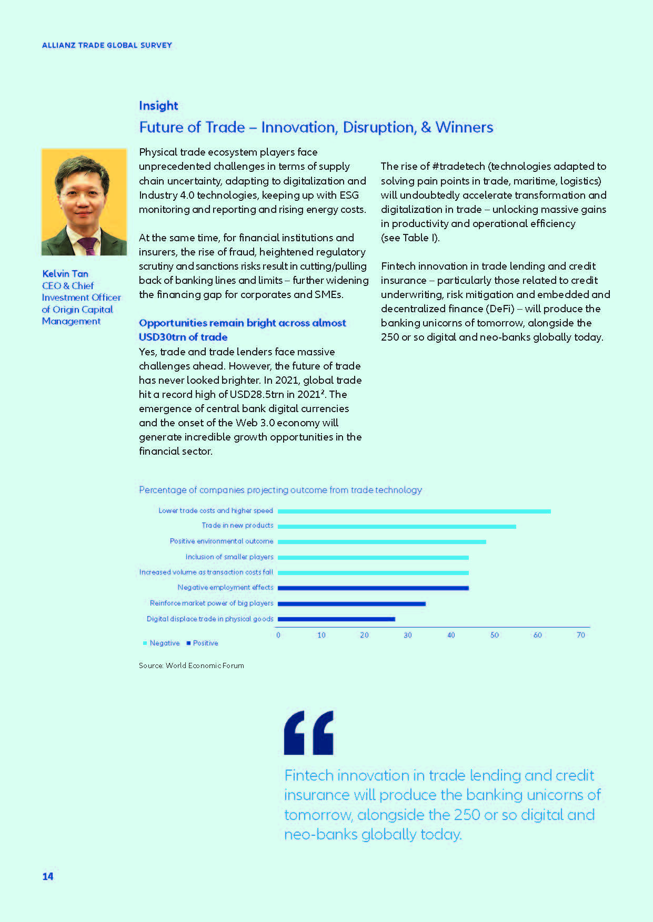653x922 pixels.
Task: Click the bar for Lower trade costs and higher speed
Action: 414,511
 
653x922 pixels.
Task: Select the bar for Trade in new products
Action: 397,526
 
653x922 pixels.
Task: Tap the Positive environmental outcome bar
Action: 381,541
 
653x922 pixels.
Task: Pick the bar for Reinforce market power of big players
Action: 351,603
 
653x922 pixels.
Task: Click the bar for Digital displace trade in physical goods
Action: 336,619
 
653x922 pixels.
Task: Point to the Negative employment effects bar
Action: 373,588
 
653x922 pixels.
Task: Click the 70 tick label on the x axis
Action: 580,635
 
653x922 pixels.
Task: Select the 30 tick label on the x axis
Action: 408,635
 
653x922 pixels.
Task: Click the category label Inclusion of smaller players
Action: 229,557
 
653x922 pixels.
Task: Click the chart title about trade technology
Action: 280,490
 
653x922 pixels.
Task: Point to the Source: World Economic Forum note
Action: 192,665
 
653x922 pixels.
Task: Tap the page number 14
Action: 48,876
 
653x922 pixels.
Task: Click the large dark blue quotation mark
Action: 308,733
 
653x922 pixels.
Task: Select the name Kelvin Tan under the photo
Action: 65,273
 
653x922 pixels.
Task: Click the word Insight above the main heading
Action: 158,106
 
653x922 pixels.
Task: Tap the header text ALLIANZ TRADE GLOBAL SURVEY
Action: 107,45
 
